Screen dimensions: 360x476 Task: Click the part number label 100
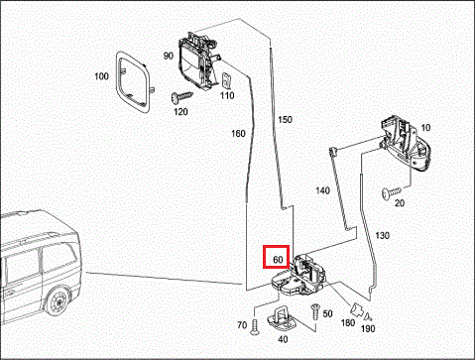point(102,75)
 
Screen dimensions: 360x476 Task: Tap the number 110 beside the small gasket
point(227,95)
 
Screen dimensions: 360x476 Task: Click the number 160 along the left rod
point(238,133)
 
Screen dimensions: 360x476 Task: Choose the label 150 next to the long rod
point(286,119)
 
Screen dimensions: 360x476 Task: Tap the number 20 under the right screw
point(401,202)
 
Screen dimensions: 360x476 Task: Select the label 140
point(323,188)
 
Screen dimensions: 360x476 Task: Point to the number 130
point(383,234)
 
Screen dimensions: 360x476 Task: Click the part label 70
point(241,324)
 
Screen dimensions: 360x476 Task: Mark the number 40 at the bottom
point(284,339)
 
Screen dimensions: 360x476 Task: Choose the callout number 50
point(327,312)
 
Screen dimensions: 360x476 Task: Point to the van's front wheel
point(61,299)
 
